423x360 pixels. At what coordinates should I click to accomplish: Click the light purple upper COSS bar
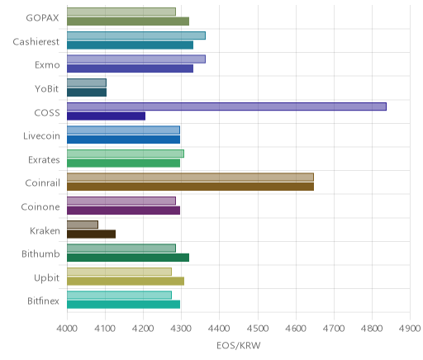click(226, 107)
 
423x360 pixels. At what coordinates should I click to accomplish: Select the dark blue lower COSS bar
click(106, 116)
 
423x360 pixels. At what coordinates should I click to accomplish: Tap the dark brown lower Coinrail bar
click(190, 187)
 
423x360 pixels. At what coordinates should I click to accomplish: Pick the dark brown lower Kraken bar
click(91, 234)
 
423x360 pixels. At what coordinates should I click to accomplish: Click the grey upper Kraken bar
click(83, 225)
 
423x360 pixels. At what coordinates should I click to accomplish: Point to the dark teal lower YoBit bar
click(87, 92)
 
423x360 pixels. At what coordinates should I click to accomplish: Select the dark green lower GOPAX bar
click(128, 21)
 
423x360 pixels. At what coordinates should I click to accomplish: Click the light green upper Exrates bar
click(126, 154)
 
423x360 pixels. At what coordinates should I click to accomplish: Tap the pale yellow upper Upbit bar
click(119, 272)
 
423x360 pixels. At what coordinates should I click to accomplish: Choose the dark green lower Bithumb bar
click(128, 258)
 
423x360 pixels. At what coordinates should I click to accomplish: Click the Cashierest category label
click(36, 42)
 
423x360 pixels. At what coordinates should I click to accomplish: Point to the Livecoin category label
click(41, 136)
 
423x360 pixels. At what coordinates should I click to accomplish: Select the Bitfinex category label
click(43, 301)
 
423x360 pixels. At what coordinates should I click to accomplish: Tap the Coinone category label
click(40, 207)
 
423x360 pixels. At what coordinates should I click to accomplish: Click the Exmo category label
click(47, 65)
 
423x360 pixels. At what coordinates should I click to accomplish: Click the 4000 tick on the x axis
click(67, 329)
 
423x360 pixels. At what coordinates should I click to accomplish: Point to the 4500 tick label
click(258, 329)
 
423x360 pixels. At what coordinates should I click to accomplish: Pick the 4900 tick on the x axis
click(410, 329)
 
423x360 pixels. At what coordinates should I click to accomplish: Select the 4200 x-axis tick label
click(143, 329)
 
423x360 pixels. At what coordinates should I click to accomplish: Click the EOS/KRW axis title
click(239, 346)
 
